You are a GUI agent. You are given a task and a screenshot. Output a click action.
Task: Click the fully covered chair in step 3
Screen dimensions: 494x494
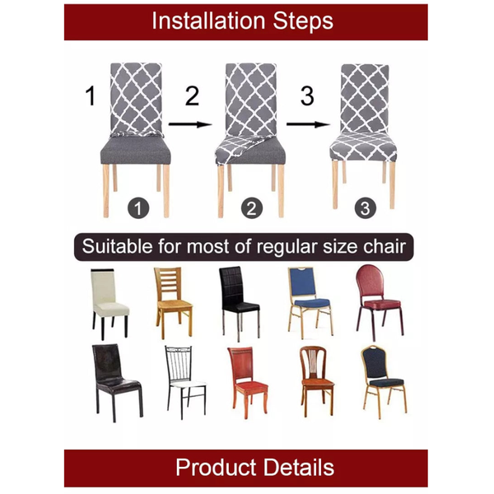click(364, 123)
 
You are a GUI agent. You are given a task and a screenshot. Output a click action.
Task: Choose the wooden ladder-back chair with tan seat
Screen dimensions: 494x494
click(173, 302)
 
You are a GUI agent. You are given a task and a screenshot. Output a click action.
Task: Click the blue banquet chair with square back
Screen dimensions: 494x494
click(308, 301)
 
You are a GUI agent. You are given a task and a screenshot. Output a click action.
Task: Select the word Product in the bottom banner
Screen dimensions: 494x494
click(213, 468)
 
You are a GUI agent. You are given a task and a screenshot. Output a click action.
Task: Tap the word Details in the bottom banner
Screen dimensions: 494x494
click(298, 468)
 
